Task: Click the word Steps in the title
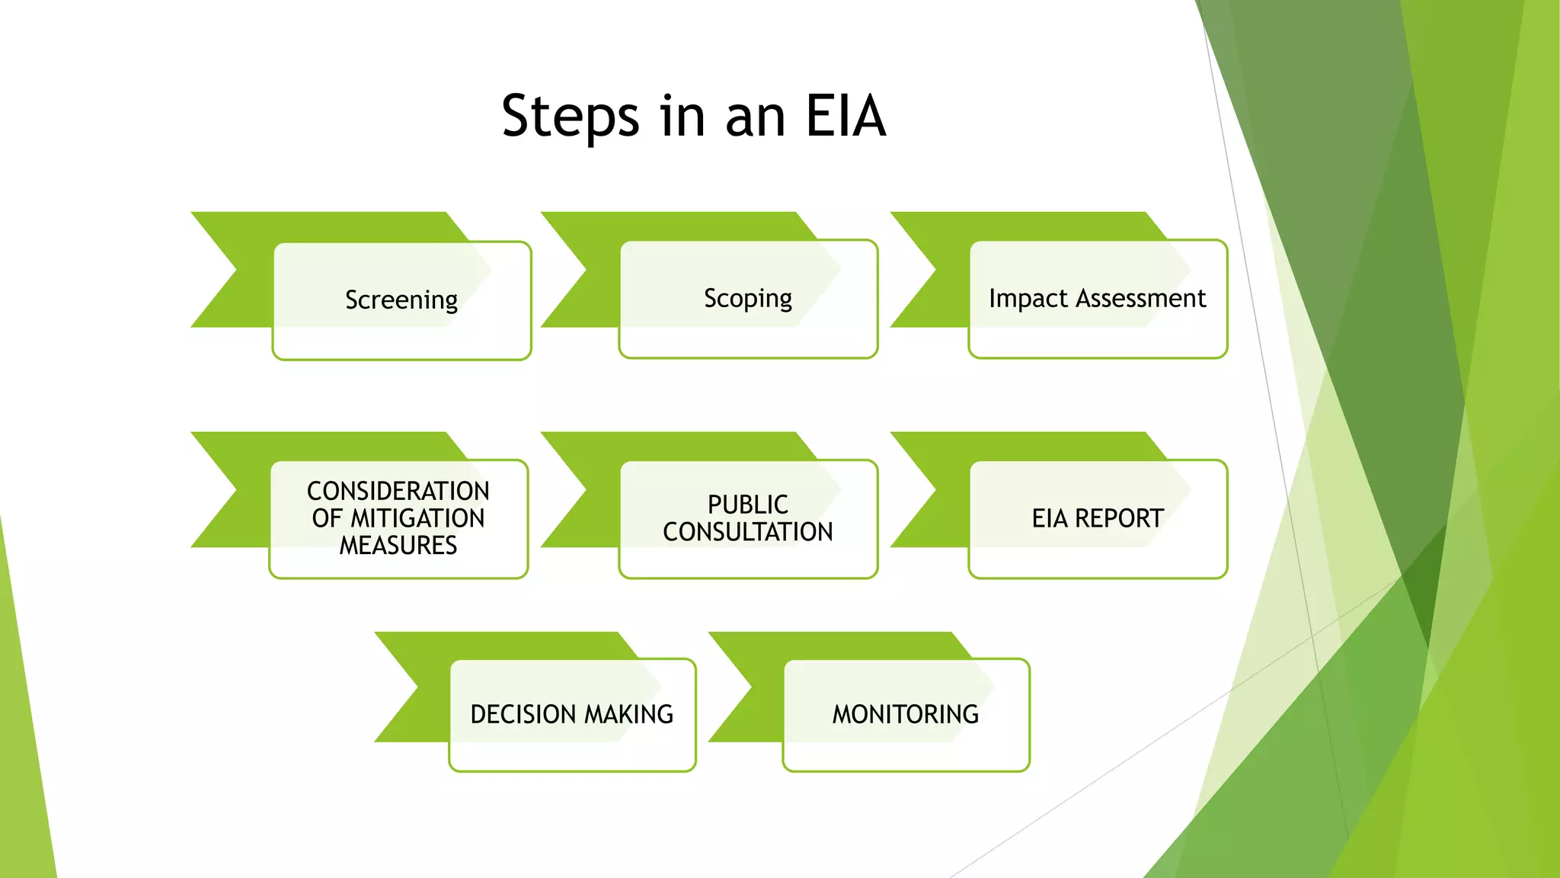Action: point(570,116)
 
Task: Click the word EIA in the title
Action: point(846,116)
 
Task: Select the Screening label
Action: point(401,300)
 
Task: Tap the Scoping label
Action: point(748,299)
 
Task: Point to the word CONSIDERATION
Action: point(398,491)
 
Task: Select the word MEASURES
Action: point(398,546)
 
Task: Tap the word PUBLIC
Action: point(748,505)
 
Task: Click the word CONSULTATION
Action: point(748,532)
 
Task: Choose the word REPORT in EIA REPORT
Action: point(1119,518)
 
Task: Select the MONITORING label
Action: point(905,714)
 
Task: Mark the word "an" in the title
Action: point(755,117)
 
